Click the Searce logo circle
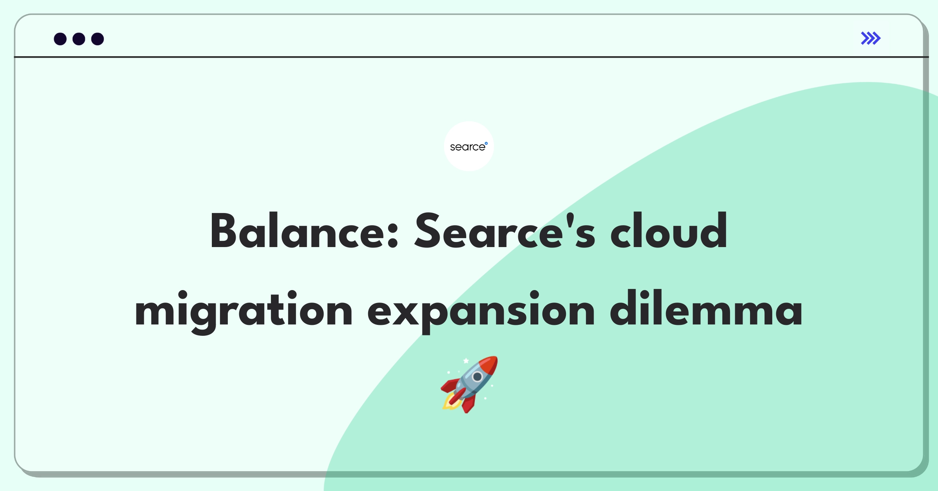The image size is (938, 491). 469,146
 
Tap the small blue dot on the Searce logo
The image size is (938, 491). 486,143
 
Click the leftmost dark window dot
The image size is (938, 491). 60,39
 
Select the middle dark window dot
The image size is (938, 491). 79,39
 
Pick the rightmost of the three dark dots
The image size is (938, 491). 98,39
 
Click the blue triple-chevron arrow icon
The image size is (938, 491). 871,38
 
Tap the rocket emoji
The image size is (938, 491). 469,384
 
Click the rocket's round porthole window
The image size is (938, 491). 477,377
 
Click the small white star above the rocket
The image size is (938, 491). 466,360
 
